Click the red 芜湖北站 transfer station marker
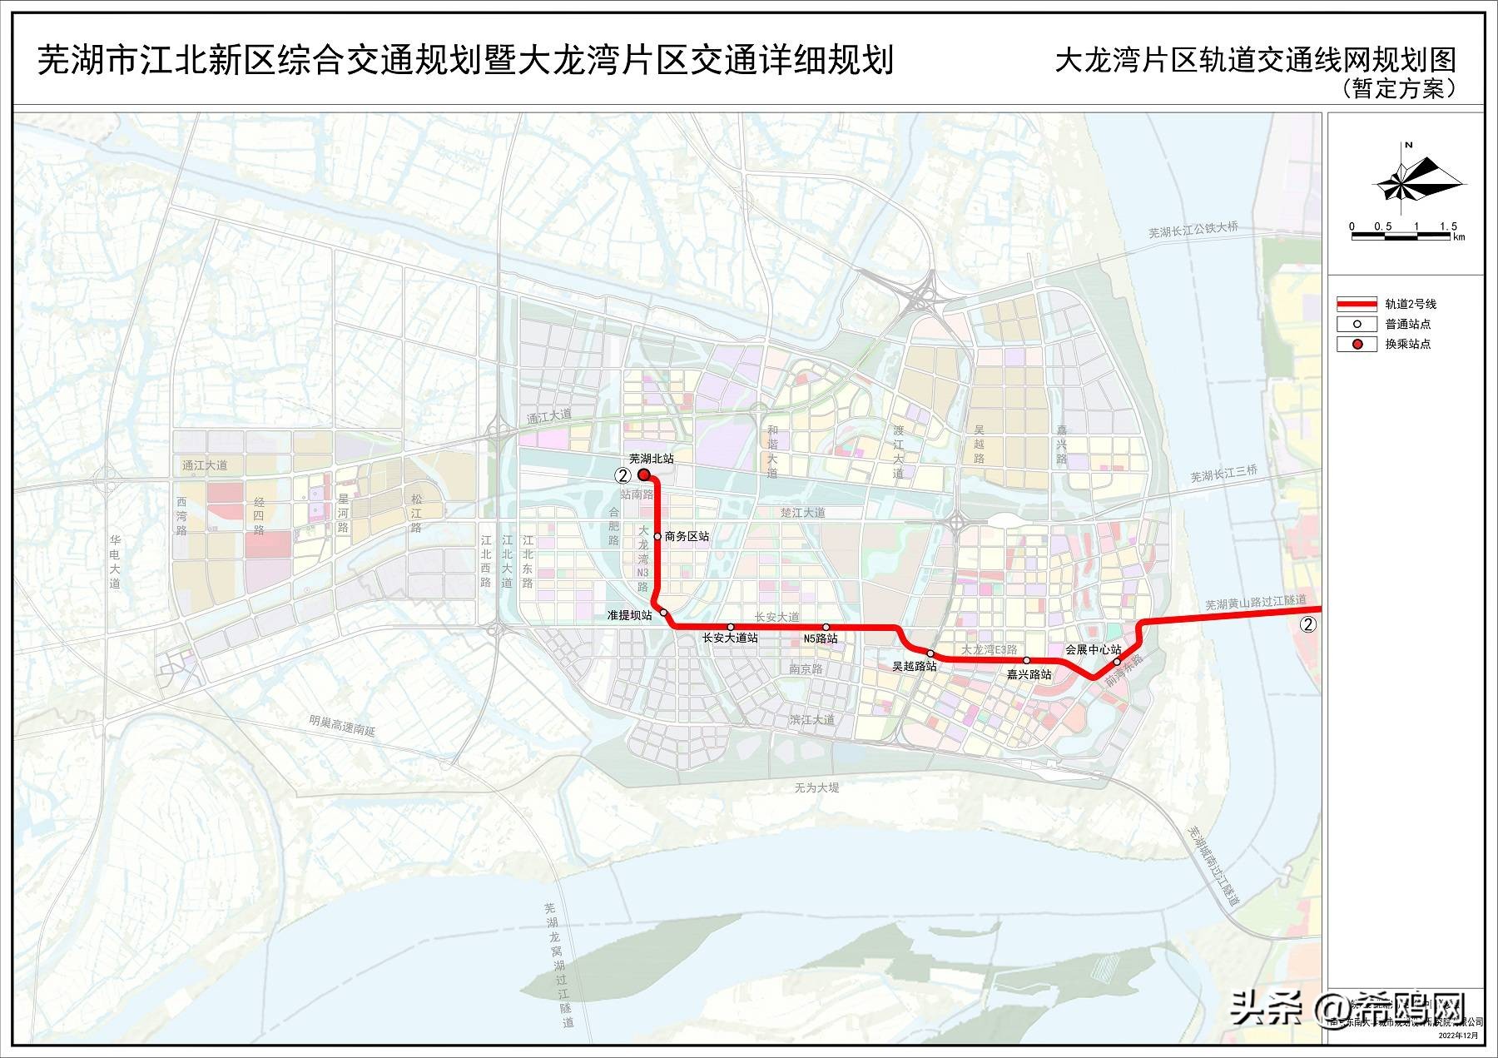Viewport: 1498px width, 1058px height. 644,474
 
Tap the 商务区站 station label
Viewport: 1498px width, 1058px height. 687,537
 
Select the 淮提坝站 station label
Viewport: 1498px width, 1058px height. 629,615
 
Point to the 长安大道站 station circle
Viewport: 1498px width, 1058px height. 731,627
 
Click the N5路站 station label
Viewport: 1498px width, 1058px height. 821,638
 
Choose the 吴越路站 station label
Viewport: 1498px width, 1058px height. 914,666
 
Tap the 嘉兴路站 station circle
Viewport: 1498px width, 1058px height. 1027,660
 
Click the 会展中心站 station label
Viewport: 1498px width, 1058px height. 1094,649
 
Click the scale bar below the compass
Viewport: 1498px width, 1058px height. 1402,236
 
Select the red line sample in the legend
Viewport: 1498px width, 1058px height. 1357,304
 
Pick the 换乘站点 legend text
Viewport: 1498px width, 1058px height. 1408,344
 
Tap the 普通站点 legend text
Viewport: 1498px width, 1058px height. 1408,324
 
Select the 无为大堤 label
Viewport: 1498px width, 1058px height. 816,787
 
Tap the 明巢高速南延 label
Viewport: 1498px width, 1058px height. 342,725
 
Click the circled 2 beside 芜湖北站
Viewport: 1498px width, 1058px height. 621,475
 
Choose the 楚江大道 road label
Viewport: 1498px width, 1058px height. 802,513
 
